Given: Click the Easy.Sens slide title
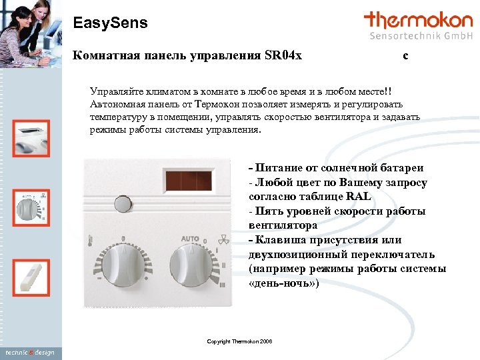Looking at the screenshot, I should [x=110, y=23].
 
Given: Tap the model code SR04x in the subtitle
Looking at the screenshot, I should [x=283, y=55].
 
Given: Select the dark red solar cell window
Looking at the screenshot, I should [x=188, y=180].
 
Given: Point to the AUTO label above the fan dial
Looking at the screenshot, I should [x=190, y=238].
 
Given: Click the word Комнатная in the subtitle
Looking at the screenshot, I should [x=104, y=55].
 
